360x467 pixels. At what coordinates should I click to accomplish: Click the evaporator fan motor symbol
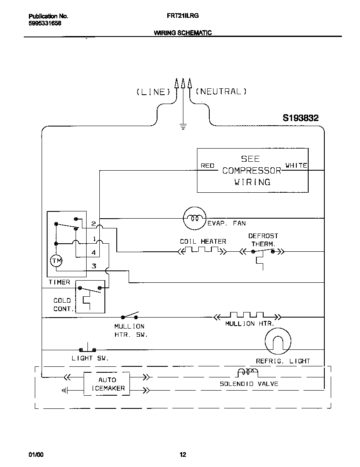pos(194,219)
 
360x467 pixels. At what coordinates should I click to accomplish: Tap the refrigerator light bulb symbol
pos(278,340)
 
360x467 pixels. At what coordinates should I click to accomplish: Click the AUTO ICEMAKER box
pos(107,384)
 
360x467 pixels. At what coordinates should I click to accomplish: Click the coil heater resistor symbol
pos(202,251)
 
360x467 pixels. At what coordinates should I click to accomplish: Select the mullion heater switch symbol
pos(130,316)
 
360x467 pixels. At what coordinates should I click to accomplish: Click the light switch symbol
pos(87,349)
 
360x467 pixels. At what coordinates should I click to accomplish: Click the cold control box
pos(90,297)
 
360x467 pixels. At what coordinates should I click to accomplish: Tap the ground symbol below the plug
pos(183,126)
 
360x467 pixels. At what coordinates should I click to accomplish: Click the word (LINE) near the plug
pos(153,92)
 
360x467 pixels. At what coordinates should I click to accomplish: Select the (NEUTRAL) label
pos(221,91)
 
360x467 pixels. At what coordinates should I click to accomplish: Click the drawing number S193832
pos(301,118)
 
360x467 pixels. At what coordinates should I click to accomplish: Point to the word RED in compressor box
pos(207,166)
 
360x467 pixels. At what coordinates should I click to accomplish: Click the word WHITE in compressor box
pos(296,166)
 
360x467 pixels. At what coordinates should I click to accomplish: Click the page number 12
pos(183,455)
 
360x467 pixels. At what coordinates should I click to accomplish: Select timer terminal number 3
pos(94,266)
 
